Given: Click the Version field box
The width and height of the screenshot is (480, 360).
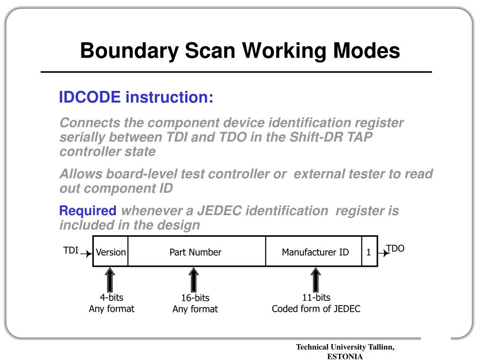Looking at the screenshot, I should tap(111, 252).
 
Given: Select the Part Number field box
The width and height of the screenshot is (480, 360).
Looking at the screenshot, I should tap(195, 252).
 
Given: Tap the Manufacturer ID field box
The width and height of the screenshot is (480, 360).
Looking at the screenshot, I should tap(315, 252).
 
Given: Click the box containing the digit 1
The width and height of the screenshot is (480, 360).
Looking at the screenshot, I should tap(369, 252).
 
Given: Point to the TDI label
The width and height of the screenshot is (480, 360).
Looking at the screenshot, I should tap(71, 250).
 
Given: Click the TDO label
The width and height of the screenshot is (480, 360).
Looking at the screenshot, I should tap(395, 248).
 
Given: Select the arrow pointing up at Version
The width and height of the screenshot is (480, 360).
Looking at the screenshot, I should tap(110, 279).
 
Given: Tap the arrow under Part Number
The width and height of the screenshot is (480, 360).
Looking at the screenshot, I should tap(194, 279).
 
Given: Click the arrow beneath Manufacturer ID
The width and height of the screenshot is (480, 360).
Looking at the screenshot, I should tap(316, 279).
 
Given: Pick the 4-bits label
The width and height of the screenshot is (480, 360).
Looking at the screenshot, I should tap(112, 298).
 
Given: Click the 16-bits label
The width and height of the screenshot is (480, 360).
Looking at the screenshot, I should tap(195, 298).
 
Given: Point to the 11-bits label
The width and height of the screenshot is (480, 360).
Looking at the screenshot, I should tap(316, 298).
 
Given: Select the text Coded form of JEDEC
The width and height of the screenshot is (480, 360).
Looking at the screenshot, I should tap(316, 309).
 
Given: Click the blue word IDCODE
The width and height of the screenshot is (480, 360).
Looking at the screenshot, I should tap(90, 97).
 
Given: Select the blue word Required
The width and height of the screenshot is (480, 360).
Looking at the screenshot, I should tap(88, 211).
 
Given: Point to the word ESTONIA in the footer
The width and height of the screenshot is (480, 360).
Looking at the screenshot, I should tap(345, 356).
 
